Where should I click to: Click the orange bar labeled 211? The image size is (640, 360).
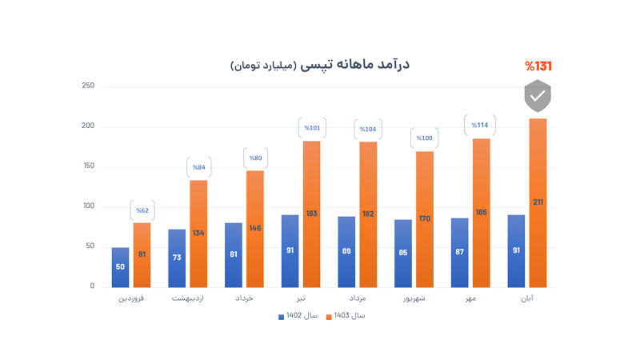coord(538,203)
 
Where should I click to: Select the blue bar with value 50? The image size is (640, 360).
coord(120,267)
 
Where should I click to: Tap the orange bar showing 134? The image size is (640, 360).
coord(198,234)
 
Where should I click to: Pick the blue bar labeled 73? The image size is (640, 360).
coord(177,258)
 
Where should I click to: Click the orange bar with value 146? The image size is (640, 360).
coord(254,229)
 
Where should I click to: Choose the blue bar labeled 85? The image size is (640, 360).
coord(403,254)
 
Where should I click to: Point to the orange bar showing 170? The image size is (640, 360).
coord(425,219)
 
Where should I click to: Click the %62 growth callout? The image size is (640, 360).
coord(142,210)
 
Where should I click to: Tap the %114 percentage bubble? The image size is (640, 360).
coord(480,125)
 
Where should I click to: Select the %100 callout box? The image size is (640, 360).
coord(424,138)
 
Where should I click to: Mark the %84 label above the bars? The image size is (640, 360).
coord(198,167)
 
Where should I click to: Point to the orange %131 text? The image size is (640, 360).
coord(538,66)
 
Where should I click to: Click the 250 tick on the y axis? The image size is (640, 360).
coord(88,86)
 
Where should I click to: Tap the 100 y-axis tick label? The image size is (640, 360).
coord(88,206)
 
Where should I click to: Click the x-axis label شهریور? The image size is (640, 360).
coord(414,298)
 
